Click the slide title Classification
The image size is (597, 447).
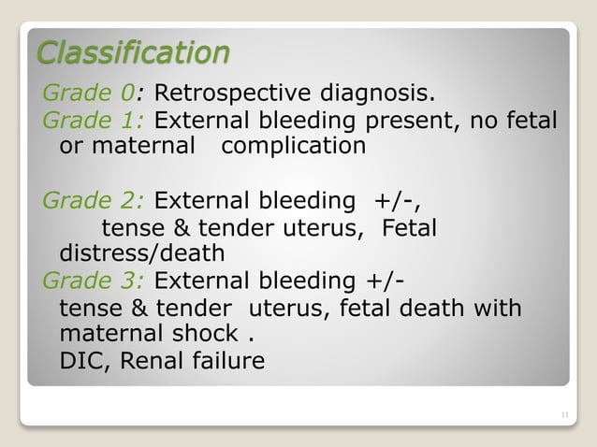pyautogui.click(x=131, y=52)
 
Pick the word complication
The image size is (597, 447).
pyautogui.click(x=294, y=147)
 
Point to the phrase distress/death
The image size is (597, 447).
pyautogui.click(x=141, y=253)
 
